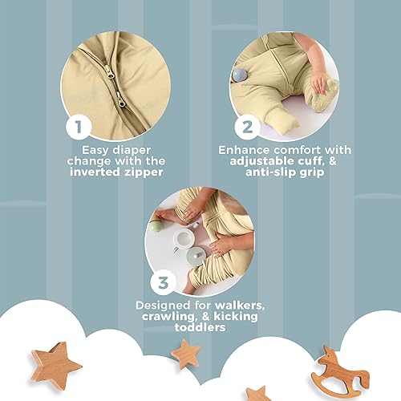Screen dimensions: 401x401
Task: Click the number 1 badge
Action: point(78,127)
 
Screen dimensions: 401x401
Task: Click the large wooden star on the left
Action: point(60,363)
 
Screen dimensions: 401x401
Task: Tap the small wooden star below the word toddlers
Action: point(186,353)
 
